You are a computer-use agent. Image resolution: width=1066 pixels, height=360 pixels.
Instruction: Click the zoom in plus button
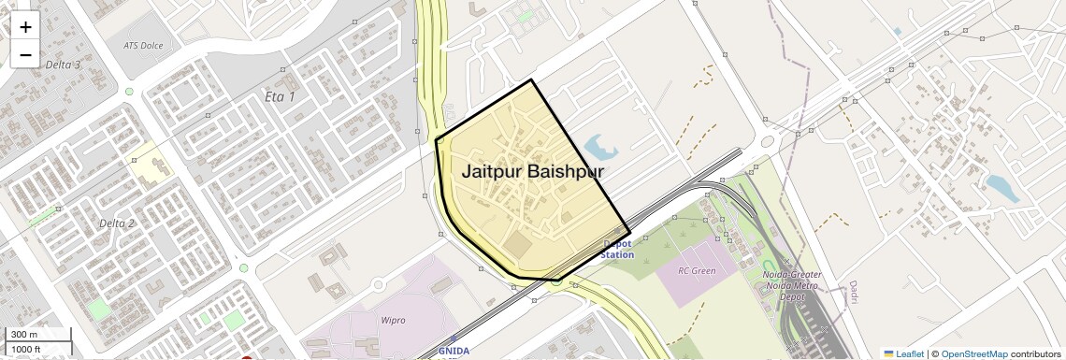25,27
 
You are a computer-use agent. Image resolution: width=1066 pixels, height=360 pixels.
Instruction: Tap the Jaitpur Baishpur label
532,172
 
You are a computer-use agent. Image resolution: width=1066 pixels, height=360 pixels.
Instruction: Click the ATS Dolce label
143,45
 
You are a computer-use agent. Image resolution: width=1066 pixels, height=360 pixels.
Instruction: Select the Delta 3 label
64,65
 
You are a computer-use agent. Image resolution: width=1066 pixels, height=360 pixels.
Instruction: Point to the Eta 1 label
280,97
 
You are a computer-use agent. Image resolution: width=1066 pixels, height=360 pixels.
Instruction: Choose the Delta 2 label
117,223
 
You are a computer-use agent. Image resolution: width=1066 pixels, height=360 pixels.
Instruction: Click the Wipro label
394,320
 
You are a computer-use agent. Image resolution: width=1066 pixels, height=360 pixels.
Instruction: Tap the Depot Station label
617,249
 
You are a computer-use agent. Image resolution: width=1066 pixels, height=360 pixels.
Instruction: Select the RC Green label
698,271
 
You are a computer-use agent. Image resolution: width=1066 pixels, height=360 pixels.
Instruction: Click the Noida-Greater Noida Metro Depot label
792,285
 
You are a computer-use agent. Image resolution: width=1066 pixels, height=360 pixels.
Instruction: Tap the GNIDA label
454,352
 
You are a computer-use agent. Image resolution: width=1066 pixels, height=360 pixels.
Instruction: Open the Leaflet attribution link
903,353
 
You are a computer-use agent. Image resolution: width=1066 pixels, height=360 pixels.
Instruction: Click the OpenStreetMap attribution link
974,353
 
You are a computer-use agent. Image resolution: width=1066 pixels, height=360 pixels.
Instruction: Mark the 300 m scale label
24,335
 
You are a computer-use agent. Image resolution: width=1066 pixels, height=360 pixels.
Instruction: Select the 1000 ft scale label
26,349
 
